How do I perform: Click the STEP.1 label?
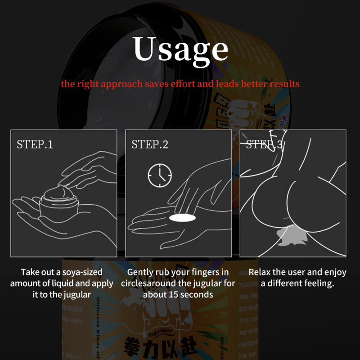pos(35,144)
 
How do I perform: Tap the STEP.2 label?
pos(150,144)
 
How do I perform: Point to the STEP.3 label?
pos(264,144)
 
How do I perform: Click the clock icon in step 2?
pos(160,175)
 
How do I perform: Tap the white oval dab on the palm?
pos(183,218)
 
